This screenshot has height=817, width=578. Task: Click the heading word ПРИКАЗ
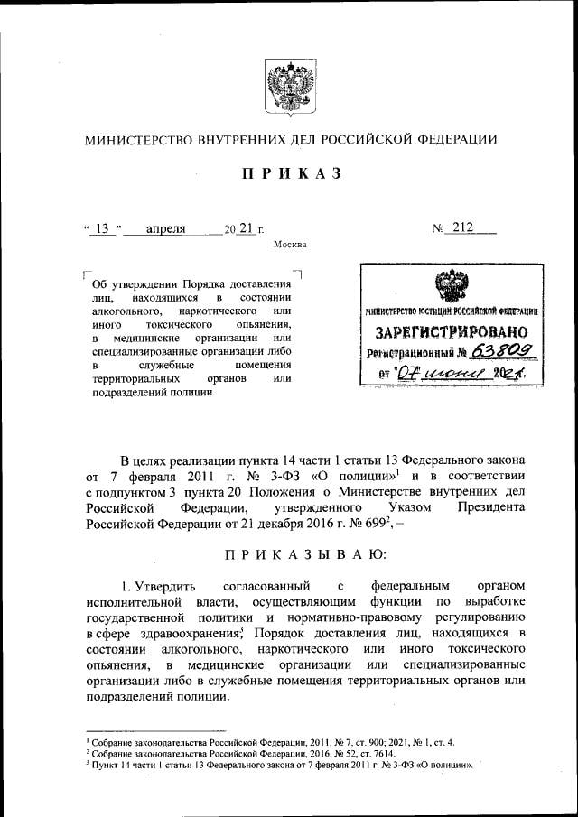[x=289, y=174]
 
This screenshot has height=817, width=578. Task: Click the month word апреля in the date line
[x=165, y=228]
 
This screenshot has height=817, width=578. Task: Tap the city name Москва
[x=289, y=245]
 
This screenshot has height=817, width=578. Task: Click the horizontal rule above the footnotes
[x=155, y=730]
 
